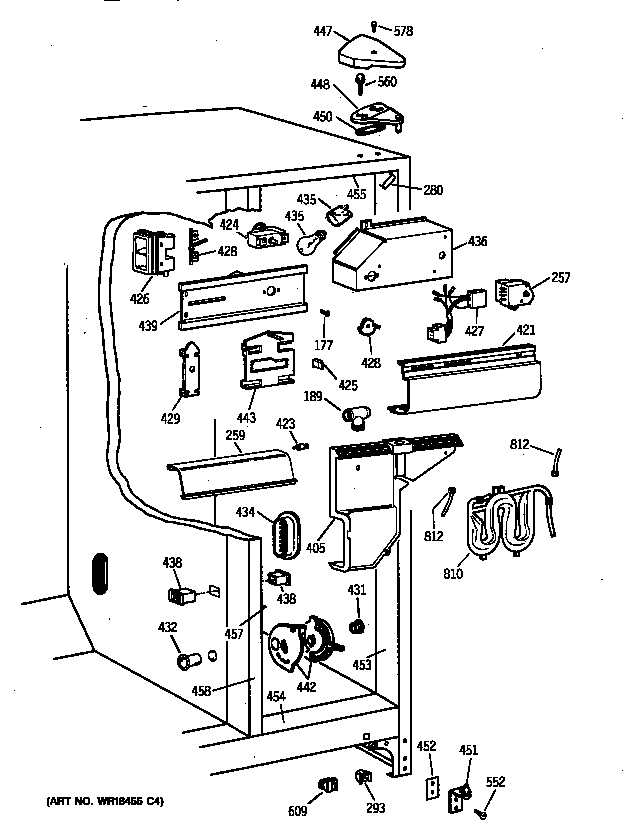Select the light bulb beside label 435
point(311,241)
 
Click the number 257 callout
point(561,277)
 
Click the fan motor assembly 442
point(296,645)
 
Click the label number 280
point(433,189)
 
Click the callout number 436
point(477,241)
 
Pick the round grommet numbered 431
point(356,627)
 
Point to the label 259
point(234,436)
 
